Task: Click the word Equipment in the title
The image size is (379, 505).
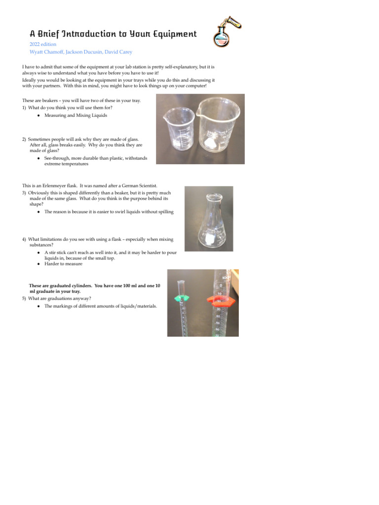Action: point(175,34)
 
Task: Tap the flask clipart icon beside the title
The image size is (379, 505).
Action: point(227,31)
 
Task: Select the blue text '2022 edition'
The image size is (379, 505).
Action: point(43,44)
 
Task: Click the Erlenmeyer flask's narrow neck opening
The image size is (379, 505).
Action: point(214,196)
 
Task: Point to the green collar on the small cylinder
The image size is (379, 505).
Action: point(182,298)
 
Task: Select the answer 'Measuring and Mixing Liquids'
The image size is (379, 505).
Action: point(76,115)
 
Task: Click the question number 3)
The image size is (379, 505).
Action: point(24,193)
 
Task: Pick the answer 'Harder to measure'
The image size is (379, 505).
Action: point(64,264)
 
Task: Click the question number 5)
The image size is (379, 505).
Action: point(24,298)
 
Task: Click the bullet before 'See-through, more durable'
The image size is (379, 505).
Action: point(38,158)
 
